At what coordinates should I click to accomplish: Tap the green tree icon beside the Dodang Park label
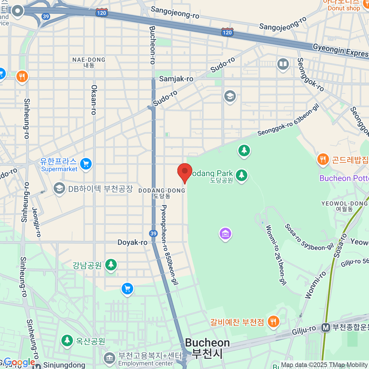[x=241, y=175]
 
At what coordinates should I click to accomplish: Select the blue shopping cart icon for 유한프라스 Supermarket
[x=86, y=164]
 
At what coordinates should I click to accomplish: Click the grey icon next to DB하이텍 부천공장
[x=59, y=188]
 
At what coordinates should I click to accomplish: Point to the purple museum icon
[x=225, y=234]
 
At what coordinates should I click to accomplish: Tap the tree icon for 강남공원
[x=111, y=264]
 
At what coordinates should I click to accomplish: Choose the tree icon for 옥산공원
[x=67, y=340]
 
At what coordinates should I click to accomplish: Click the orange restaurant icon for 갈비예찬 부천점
[x=273, y=322]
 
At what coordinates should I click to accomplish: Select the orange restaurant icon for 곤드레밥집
[x=323, y=160]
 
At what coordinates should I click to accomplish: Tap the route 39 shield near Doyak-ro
[x=153, y=233]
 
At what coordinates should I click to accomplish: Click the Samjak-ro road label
[x=176, y=79]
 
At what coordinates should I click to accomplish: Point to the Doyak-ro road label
[x=133, y=242]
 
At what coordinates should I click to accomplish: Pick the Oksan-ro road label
[x=94, y=100]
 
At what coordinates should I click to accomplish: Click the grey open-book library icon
[x=283, y=64]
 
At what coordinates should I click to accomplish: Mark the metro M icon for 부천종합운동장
[x=326, y=327]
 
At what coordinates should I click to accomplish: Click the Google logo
[x=19, y=363]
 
